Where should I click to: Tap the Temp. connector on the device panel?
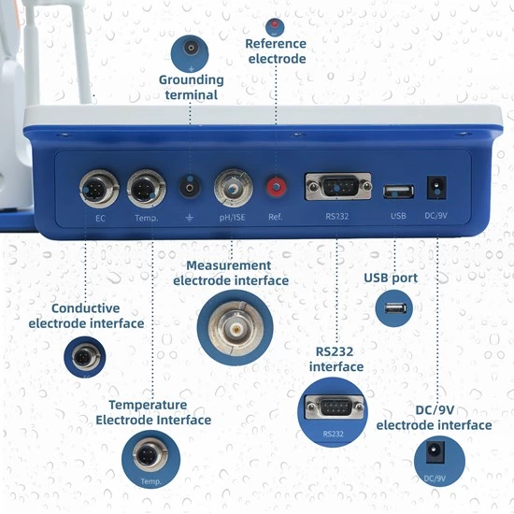click(x=146, y=188)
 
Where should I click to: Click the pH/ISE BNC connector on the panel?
click(x=234, y=189)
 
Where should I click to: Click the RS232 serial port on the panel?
click(x=337, y=187)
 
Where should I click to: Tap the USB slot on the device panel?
click(x=398, y=191)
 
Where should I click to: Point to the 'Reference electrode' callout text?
click(x=276, y=51)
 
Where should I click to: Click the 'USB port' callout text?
click(x=391, y=278)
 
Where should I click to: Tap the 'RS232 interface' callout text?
click(x=336, y=360)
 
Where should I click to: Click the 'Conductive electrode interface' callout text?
click(x=86, y=316)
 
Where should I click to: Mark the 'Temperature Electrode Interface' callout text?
click(x=153, y=412)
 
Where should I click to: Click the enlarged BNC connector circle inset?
click(x=236, y=326)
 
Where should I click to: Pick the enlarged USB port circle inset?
click(x=393, y=308)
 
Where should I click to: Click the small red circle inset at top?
click(x=275, y=26)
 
